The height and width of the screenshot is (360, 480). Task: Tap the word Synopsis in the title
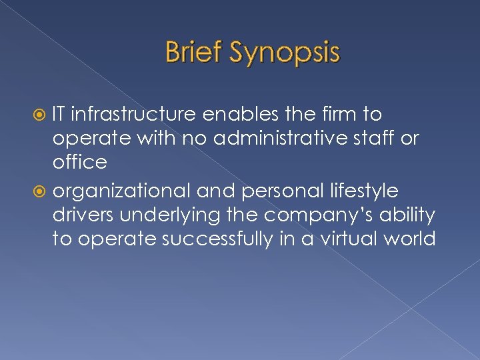283,53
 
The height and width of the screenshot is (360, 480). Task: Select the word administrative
284,139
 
